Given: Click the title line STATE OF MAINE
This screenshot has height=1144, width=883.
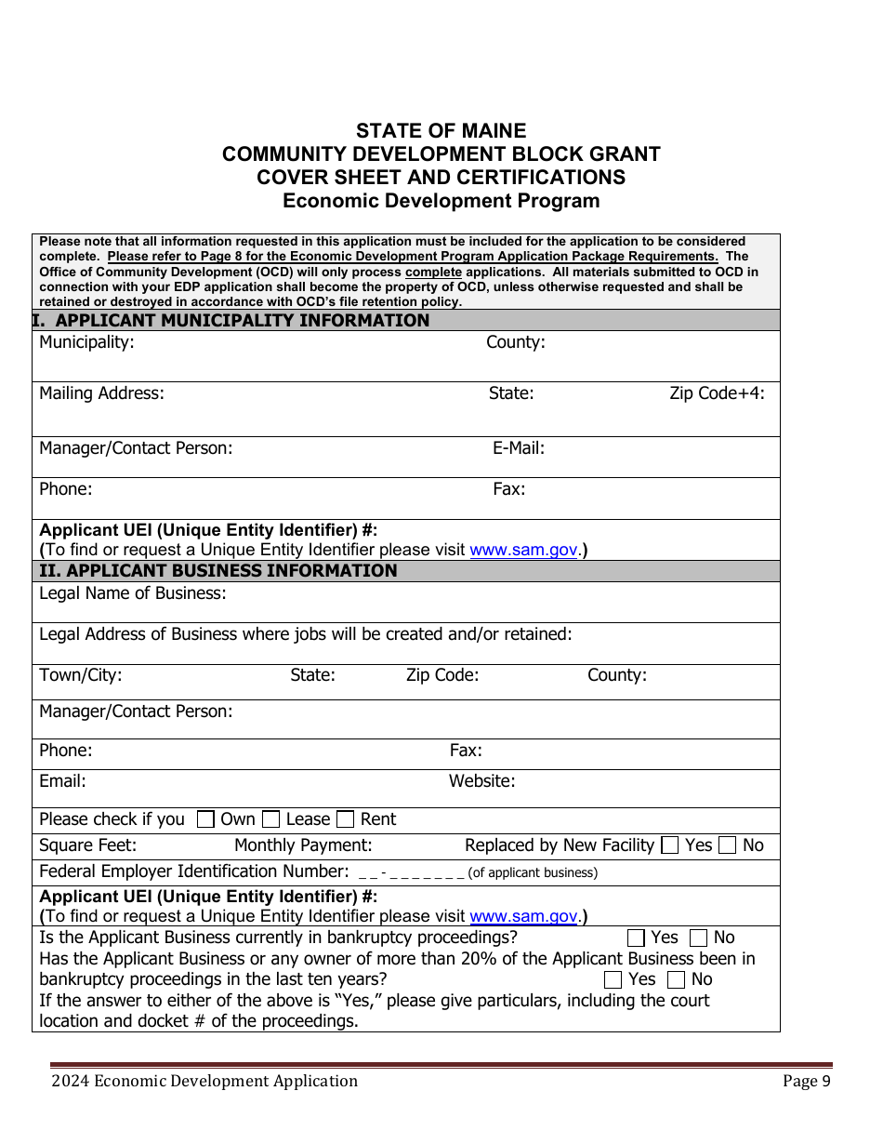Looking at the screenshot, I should tap(441, 131).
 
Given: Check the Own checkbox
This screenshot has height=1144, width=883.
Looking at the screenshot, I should tap(205, 819).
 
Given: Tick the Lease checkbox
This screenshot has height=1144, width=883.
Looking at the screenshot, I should tap(271, 819).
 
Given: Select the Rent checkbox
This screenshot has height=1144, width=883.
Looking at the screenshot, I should tap(346, 819).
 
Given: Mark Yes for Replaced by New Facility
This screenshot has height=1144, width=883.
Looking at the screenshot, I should tap(669, 845).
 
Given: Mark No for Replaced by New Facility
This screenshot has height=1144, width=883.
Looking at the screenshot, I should tap(728, 845).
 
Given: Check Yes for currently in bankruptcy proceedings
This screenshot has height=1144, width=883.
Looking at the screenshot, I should tap(637, 938).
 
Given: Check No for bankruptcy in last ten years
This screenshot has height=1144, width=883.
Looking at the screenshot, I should tap(677, 979).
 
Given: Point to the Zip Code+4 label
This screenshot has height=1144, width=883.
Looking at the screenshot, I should tap(717, 393).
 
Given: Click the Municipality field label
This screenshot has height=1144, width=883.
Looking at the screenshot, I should tap(86, 342).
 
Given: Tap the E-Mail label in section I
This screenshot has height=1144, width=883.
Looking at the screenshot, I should tap(518, 448).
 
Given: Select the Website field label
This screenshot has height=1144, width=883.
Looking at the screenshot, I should tap(481, 781).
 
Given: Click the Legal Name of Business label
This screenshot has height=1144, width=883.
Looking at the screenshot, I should tap(133, 593).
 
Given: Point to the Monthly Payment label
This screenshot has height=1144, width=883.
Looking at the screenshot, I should tap(303, 845).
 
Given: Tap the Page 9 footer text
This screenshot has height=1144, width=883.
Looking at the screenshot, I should tap(806, 1081).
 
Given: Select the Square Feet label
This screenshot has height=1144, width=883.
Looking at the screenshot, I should tap(87, 845).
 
